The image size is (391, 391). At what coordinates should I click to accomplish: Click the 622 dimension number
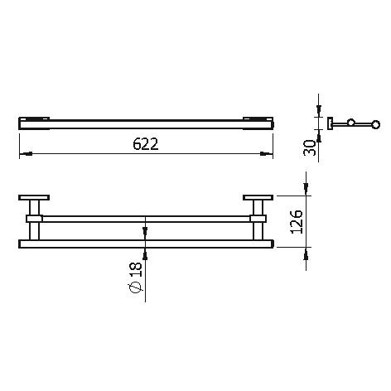pos(146,144)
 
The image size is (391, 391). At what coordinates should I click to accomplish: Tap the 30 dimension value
pos(310,147)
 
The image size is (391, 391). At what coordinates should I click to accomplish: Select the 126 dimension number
pos(297,222)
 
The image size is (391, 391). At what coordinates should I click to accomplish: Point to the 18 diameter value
pos(136,270)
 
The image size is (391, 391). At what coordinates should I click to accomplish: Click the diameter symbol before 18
pos(136,287)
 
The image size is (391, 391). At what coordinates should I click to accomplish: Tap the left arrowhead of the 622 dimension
pos(26,153)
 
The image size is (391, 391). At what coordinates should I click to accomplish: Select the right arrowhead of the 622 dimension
pos(267,153)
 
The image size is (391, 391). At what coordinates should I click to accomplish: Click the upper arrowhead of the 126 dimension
pos(306,189)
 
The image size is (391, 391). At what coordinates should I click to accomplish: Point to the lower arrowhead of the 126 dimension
pos(306,253)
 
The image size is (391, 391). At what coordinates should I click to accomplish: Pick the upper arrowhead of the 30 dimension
pos(319,110)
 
